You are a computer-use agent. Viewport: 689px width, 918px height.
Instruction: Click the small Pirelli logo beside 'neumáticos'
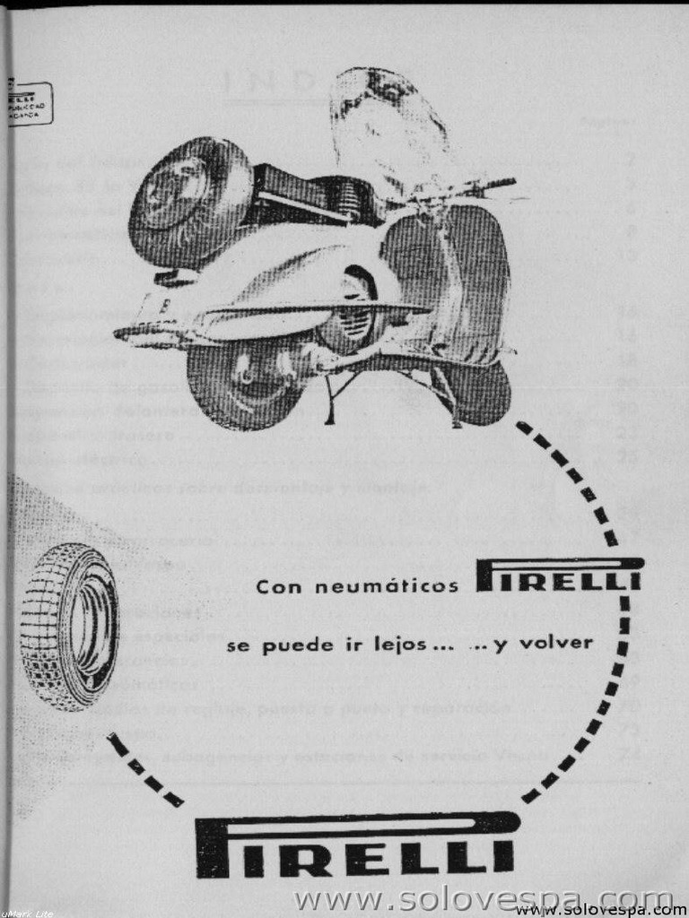point(558,576)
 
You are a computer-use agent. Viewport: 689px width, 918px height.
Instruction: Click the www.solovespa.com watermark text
point(484,899)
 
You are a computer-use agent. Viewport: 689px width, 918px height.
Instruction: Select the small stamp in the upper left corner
point(30,103)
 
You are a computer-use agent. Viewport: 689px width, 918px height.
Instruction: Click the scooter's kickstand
point(336,399)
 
